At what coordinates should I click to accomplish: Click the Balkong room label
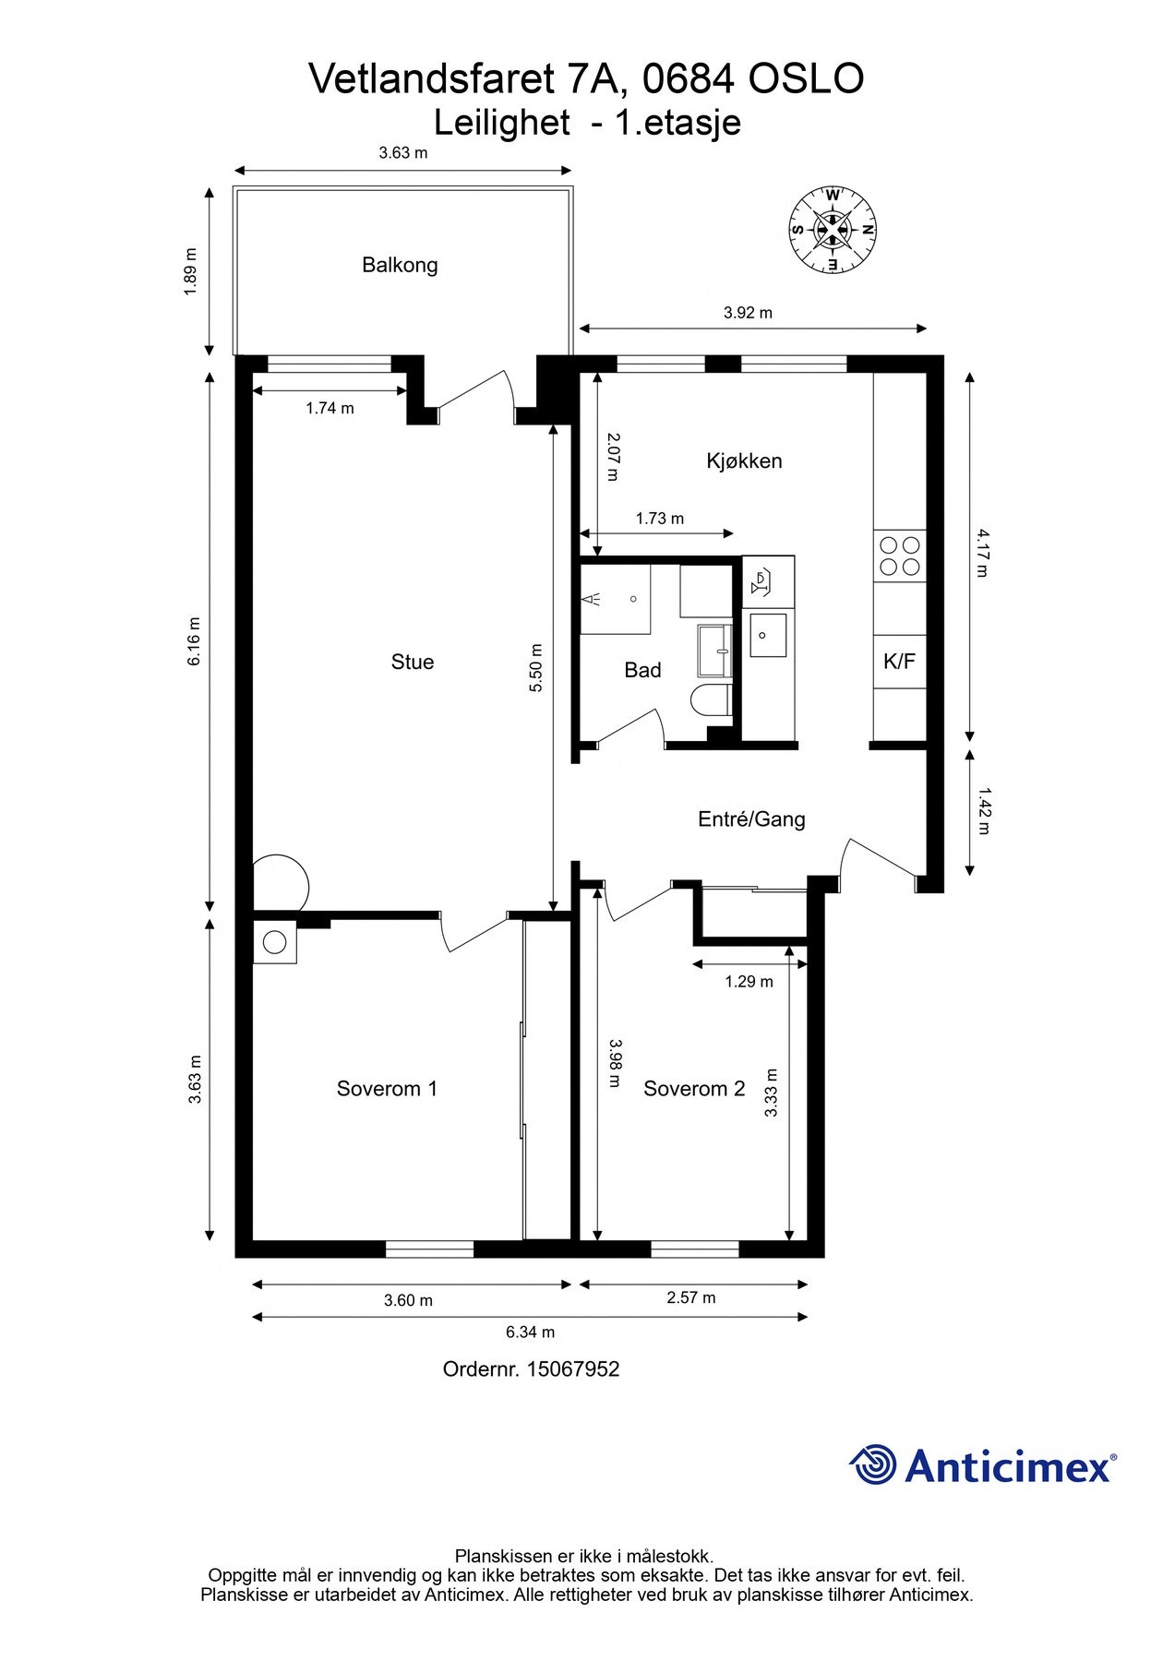400,266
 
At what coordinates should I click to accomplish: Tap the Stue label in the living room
413,662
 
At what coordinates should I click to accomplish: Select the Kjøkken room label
744,460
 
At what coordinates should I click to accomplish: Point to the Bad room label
642,670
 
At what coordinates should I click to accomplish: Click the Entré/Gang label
751,819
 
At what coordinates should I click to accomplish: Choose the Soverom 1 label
387,1089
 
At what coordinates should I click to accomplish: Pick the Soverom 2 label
694,1089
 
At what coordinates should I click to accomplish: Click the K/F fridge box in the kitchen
899,662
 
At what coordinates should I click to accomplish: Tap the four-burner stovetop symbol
899,556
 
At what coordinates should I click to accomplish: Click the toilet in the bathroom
711,699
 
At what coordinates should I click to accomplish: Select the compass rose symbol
833,230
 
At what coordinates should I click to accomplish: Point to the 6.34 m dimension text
530,1332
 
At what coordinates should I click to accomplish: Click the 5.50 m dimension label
536,668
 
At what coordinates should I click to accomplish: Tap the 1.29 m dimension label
749,982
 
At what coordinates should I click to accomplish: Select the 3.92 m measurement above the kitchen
748,313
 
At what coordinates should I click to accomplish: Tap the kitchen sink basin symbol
768,635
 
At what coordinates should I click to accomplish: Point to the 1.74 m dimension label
330,408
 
